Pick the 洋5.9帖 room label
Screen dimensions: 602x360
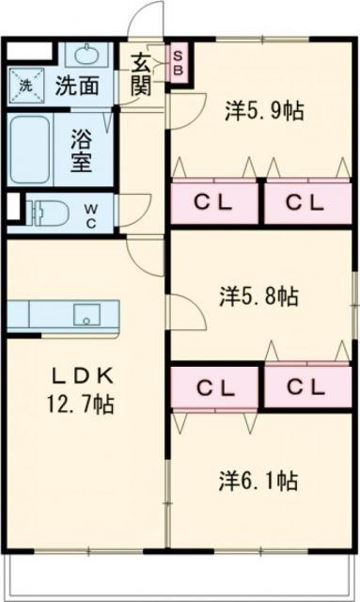click(x=262, y=109)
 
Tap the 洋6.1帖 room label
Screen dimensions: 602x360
click(x=259, y=481)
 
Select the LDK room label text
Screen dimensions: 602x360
click(x=82, y=377)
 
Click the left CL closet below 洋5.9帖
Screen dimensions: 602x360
click(x=214, y=201)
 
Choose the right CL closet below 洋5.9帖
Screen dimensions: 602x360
click(x=305, y=201)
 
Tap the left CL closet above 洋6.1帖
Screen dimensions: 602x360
click(x=214, y=387)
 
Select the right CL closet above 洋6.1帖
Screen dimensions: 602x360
click(x=305, y=387)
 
